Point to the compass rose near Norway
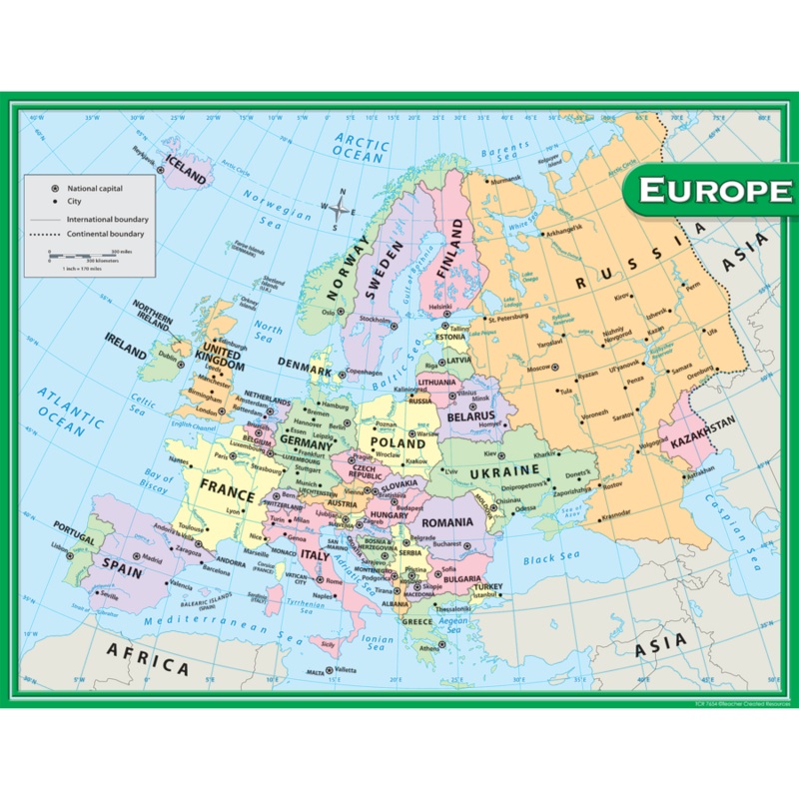[x=341, y=209]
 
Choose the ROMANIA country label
[x=446, y=522]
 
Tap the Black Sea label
[x=548, y=558]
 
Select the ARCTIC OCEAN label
[x=362, y=147]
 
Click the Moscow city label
[x=539, y=368]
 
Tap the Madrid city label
[x=152, y=559]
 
